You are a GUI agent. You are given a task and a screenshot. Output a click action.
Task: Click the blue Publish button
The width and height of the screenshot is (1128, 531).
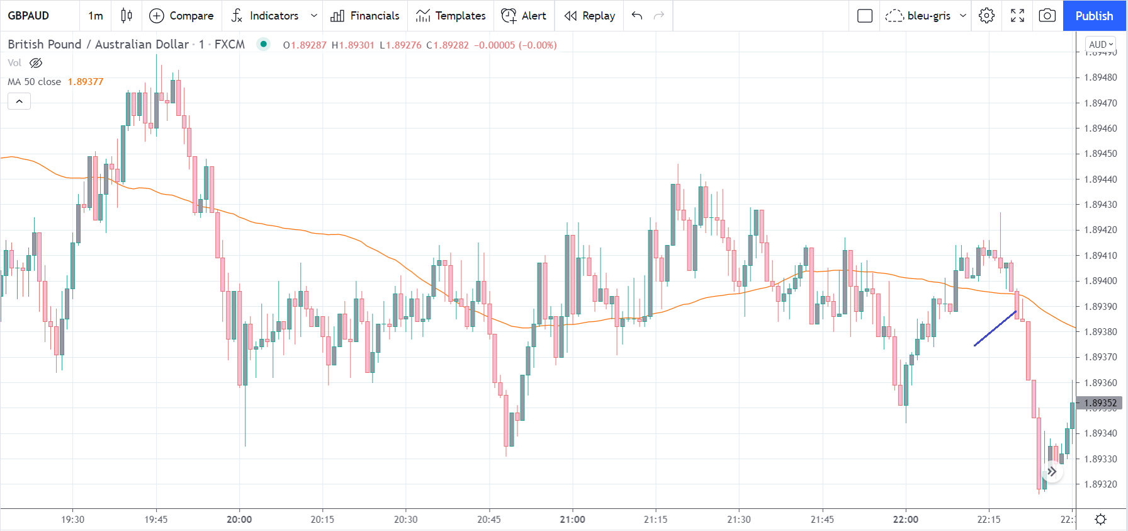pyautogui.click(x=1094, y=16)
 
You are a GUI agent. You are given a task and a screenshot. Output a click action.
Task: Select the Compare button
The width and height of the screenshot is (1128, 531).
pyautogui.click(x=181, y=16)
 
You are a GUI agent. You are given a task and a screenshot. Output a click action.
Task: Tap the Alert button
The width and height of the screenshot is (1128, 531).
pyautogui.click(x=524, y=16)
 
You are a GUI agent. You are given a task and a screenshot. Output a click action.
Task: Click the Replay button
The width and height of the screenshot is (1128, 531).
pyautogui.click(x=590, y=16)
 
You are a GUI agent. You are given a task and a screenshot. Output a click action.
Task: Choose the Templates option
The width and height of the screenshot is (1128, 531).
pyautogui.click(x=451, y=16)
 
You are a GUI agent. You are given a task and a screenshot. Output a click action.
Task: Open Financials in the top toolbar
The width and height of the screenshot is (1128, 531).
pyautogui.click(x=365, y=16)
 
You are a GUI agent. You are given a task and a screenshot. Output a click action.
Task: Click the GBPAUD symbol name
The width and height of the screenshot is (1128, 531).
pyautogui.click(x=28, y=16)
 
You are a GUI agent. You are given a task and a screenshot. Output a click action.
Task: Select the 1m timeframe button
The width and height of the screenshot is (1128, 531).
pyautogui.click(x=96, y=16)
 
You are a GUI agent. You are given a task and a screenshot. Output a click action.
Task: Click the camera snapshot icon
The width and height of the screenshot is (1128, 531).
pyautogui.click(x=1047, y=16)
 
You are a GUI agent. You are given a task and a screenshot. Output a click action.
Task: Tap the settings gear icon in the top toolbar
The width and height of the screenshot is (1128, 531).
pyautogui.click(x=986, y=16)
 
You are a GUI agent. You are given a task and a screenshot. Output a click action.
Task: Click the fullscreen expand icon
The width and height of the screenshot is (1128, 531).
pyautogui.click(x=1017, y=16)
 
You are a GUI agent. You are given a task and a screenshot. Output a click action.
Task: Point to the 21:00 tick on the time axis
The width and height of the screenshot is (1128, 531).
pyautogui.click(x=572, y=520)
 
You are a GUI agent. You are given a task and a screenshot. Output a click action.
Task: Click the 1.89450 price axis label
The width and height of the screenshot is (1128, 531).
pyautogui.click(x=1100, y=154)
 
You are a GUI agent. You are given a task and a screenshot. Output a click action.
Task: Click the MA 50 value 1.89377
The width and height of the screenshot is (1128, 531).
pyautogui.click(x=86, y=82)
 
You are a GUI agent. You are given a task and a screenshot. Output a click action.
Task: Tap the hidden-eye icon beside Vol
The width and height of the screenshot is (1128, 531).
pyautogui.click(x=36, y=63)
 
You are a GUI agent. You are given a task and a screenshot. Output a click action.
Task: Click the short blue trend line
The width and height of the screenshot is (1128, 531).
pyautogui.click(x=995, y=328)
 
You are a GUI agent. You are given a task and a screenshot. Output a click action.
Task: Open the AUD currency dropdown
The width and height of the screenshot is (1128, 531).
pyautogui.click(x=1101, y=44)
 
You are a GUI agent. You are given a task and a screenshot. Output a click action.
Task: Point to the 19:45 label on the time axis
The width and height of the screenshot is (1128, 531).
pyautogui.click(x=156, y=520)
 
